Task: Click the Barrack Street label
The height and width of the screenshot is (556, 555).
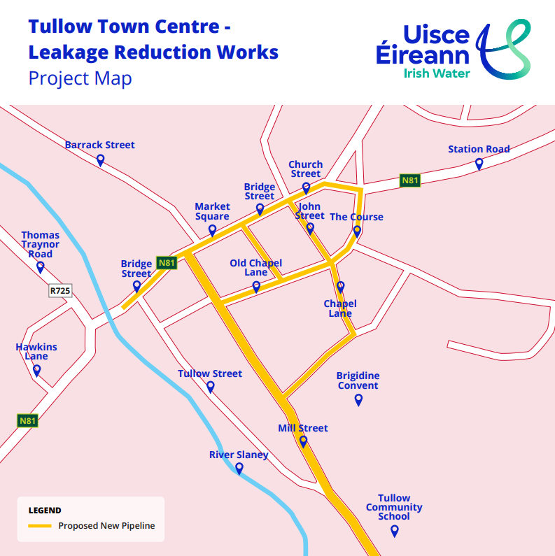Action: tap(99, 145)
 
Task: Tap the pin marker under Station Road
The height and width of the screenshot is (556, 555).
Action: tap(479, 164)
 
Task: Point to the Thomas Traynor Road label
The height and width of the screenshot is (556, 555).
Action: tap(40, 245)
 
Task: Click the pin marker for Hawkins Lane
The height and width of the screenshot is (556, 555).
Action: tap(36, 370)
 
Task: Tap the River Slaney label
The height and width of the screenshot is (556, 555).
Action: tap(239, 455)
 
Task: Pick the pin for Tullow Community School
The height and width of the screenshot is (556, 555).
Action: tap(394, 531)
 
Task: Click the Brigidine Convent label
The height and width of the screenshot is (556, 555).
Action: tap(358, 380)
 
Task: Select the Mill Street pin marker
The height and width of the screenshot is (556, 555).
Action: tap(303, 441)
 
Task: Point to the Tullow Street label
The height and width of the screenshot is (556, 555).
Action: tap(210, 374)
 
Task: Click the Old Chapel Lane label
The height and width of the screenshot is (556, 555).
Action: tap(256, 268)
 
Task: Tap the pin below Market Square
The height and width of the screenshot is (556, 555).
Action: tap(212, 230)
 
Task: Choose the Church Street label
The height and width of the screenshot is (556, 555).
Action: tap(305, 169)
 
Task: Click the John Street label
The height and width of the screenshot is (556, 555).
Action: tap(309, 211)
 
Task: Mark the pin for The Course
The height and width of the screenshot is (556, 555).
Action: tap(357, 231)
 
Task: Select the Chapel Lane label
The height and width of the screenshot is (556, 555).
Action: tap(340, 308)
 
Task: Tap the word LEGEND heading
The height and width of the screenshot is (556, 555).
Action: tap(45, 511)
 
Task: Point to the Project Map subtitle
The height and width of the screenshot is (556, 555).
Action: tap(80, 78)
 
